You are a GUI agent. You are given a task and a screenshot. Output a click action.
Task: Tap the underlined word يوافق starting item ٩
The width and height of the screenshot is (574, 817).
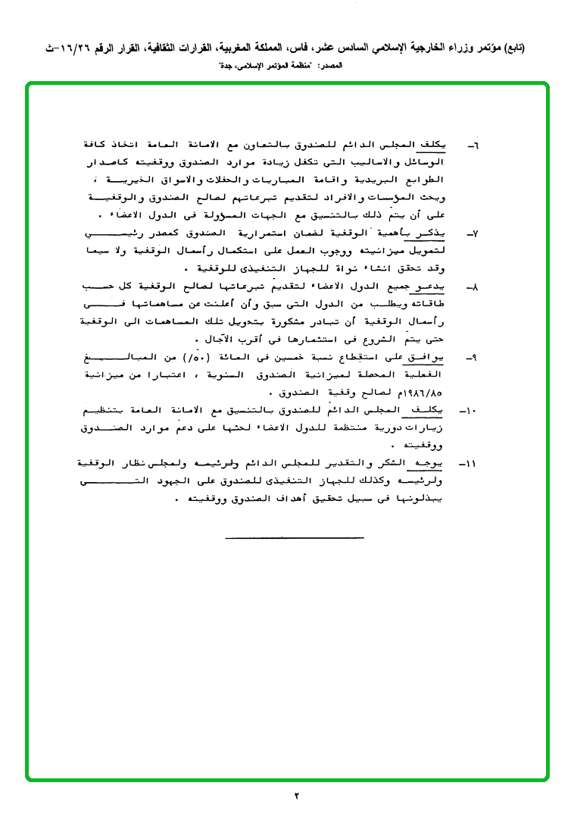[449, 355]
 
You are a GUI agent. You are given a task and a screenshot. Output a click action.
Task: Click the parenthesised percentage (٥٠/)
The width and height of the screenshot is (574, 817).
[251, 355]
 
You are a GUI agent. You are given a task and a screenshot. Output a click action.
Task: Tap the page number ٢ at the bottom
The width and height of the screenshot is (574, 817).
[296, 796]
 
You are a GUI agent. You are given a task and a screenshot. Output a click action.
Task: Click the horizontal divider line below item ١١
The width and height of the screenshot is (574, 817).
[295, 537]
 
